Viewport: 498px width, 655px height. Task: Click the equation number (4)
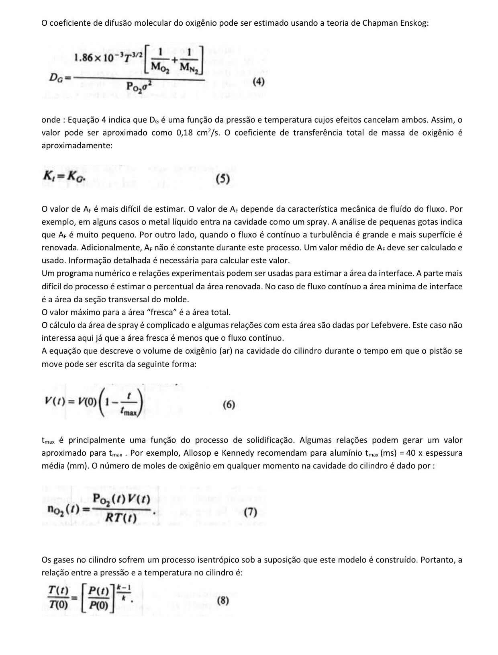click(x=259, y=82)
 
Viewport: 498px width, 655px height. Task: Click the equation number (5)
click(x=222, y=179)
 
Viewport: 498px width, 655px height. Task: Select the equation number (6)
click(x=229, y=404)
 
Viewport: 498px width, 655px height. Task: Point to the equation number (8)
click(x=223, y=601)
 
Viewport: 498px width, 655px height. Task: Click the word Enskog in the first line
click(x=414, y=23)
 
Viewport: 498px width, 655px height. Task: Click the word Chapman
click(x=380, y=23)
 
